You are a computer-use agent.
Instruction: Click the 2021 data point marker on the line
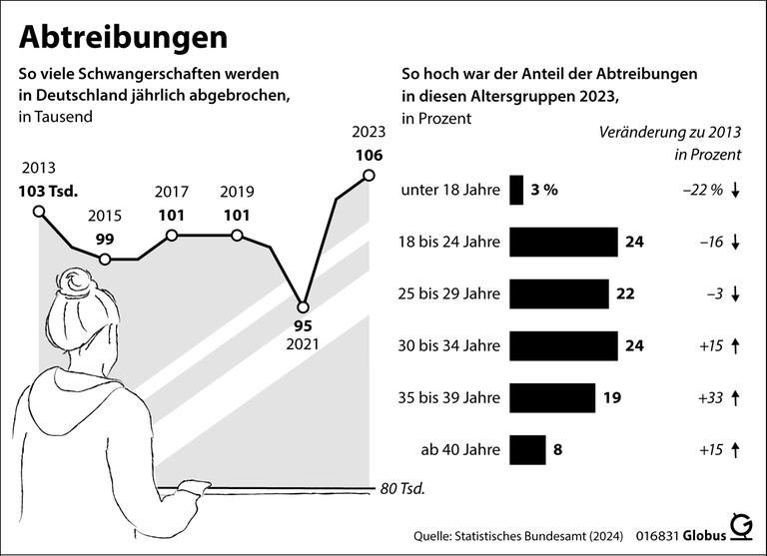pos(303,306)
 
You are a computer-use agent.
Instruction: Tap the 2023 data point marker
pos(369,176)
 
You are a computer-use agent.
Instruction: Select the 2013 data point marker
pos(39,211)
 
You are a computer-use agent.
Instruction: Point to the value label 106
pos(368,155)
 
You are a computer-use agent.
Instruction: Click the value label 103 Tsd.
pos(48,190)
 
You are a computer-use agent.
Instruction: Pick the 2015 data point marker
pos(106,260)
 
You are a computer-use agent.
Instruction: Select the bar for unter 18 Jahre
pos(516,191)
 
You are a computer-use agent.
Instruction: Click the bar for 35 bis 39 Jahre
pos(552,397)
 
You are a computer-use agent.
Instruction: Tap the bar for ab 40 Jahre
pos(527,449)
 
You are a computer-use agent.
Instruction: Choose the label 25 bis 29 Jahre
pos(446,294)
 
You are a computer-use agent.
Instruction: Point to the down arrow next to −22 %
pos(735,191)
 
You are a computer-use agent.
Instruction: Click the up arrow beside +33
pos(735,397)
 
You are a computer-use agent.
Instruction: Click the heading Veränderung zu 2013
pos(669,133)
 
